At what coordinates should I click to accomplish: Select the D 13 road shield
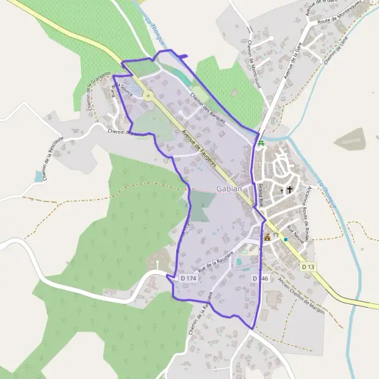[x=308, y=267]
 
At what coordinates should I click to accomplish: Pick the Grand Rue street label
[x=260, y=193]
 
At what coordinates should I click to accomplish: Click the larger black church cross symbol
[x=291, y=189]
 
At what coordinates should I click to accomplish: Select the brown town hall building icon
[x=267, y=238]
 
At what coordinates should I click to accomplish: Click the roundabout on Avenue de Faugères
[x=149, y=97]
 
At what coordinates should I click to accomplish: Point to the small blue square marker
[x=286, y=239]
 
